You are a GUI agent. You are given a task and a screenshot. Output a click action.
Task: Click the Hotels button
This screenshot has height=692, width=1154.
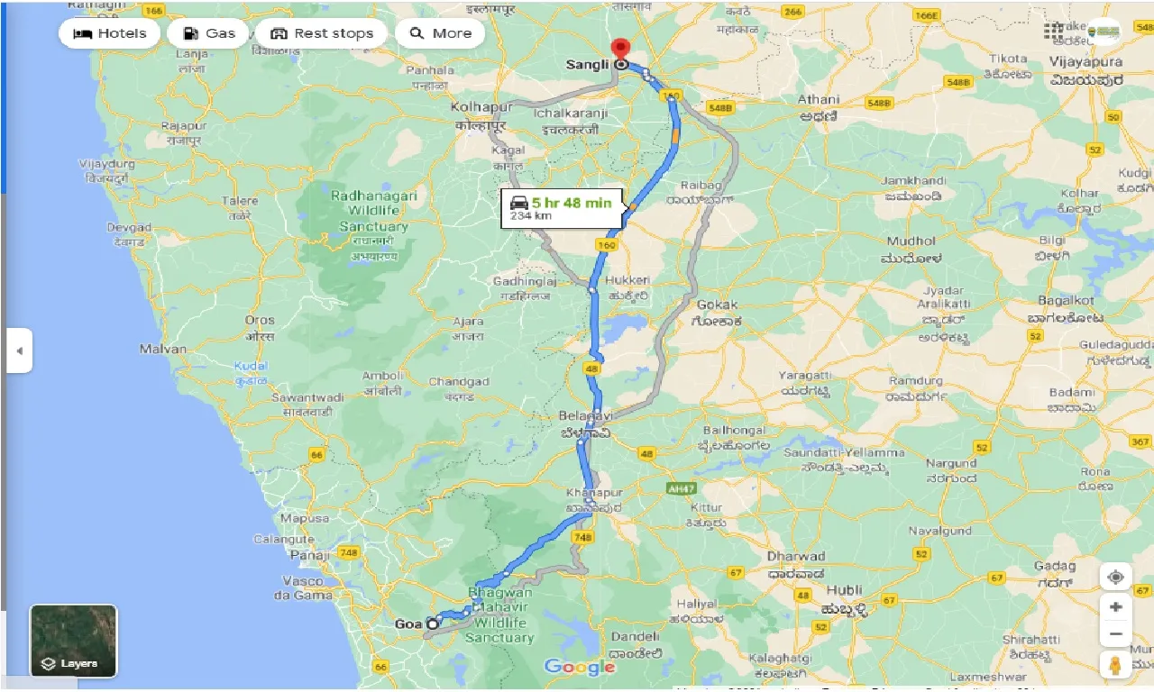click(109, 33)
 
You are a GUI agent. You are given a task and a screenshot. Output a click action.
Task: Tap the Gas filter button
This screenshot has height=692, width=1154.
click(208, 33)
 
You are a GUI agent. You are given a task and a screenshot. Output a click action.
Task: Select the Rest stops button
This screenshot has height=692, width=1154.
click(321, 33)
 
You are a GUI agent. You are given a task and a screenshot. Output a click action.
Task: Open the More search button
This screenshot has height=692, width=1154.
click(440, 33)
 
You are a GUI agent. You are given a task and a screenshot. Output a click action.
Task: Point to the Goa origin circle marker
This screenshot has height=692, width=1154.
click(433, 624)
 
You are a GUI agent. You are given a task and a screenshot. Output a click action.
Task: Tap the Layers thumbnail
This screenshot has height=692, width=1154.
click(74, 641)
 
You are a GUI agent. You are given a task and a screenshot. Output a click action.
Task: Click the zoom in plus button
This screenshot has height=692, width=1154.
click(1115, 606)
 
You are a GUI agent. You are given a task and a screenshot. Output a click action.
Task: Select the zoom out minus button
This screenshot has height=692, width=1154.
click(1115, 634)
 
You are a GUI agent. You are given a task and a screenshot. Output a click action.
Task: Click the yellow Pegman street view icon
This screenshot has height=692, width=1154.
click(1115, 666)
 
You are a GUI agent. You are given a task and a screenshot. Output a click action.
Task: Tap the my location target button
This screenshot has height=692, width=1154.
click(1115, 577)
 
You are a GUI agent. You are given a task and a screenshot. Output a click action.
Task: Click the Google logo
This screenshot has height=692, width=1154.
click(580, 667)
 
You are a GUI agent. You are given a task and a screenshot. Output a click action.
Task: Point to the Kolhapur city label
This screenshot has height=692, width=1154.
click(481, 107)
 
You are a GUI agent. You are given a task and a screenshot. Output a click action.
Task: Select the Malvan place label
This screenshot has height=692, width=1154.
click(163, 349)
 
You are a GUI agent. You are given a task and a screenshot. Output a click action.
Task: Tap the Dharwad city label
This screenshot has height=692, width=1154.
click(795, 556)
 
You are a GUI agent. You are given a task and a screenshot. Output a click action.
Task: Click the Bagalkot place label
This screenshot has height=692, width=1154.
click(1066, 300)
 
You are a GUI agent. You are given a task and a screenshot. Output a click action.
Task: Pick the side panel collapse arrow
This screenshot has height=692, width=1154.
click(19, 351)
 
